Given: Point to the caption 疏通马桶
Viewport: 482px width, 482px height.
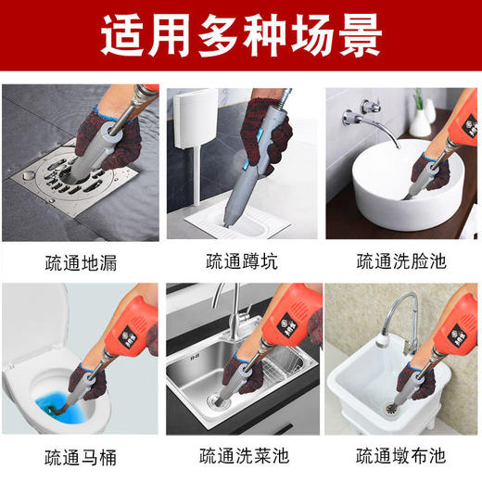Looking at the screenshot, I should [x=81, y=456].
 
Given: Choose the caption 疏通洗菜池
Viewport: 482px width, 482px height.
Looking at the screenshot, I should [x=240, y=456].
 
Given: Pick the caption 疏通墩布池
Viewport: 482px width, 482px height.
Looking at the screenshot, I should [x=401, y=456].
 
